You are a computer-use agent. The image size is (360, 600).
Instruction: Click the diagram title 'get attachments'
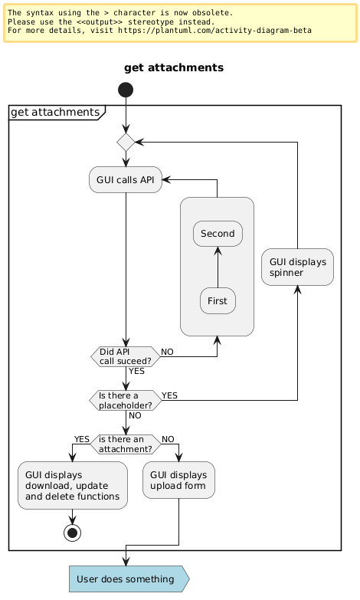point(173,67)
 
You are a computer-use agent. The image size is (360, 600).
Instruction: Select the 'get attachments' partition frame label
point(54,113)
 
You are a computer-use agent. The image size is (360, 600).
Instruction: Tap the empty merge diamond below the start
point(125,142)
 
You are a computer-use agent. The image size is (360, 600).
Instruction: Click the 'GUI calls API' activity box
point(125,179)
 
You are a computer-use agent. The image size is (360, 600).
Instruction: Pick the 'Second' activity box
point(218,233)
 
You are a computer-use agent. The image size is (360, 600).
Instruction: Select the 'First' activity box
point(218,300)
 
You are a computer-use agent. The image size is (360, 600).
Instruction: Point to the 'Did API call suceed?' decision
point(125,356)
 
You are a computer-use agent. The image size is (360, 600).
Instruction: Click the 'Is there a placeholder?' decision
point(125,399)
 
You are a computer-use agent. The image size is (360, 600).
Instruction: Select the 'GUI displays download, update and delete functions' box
point(73,485)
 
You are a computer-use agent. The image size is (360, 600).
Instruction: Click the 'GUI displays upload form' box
point(178,480)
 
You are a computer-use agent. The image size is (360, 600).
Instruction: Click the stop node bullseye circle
point(73,532)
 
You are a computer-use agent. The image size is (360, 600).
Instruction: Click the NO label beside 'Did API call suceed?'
point(167,351)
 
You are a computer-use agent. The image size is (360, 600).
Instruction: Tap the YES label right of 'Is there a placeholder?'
point(169,395)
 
